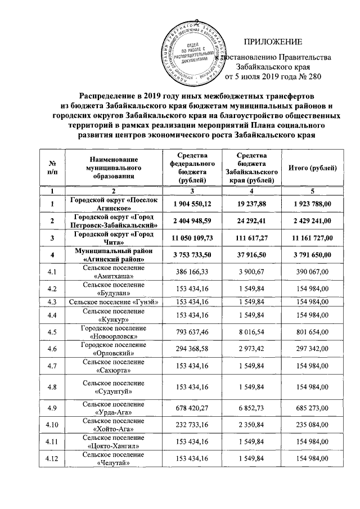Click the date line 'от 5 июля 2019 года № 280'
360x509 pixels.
(273, 76)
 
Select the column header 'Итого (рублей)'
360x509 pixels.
(312, 168)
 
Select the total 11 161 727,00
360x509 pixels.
(312, 238)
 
